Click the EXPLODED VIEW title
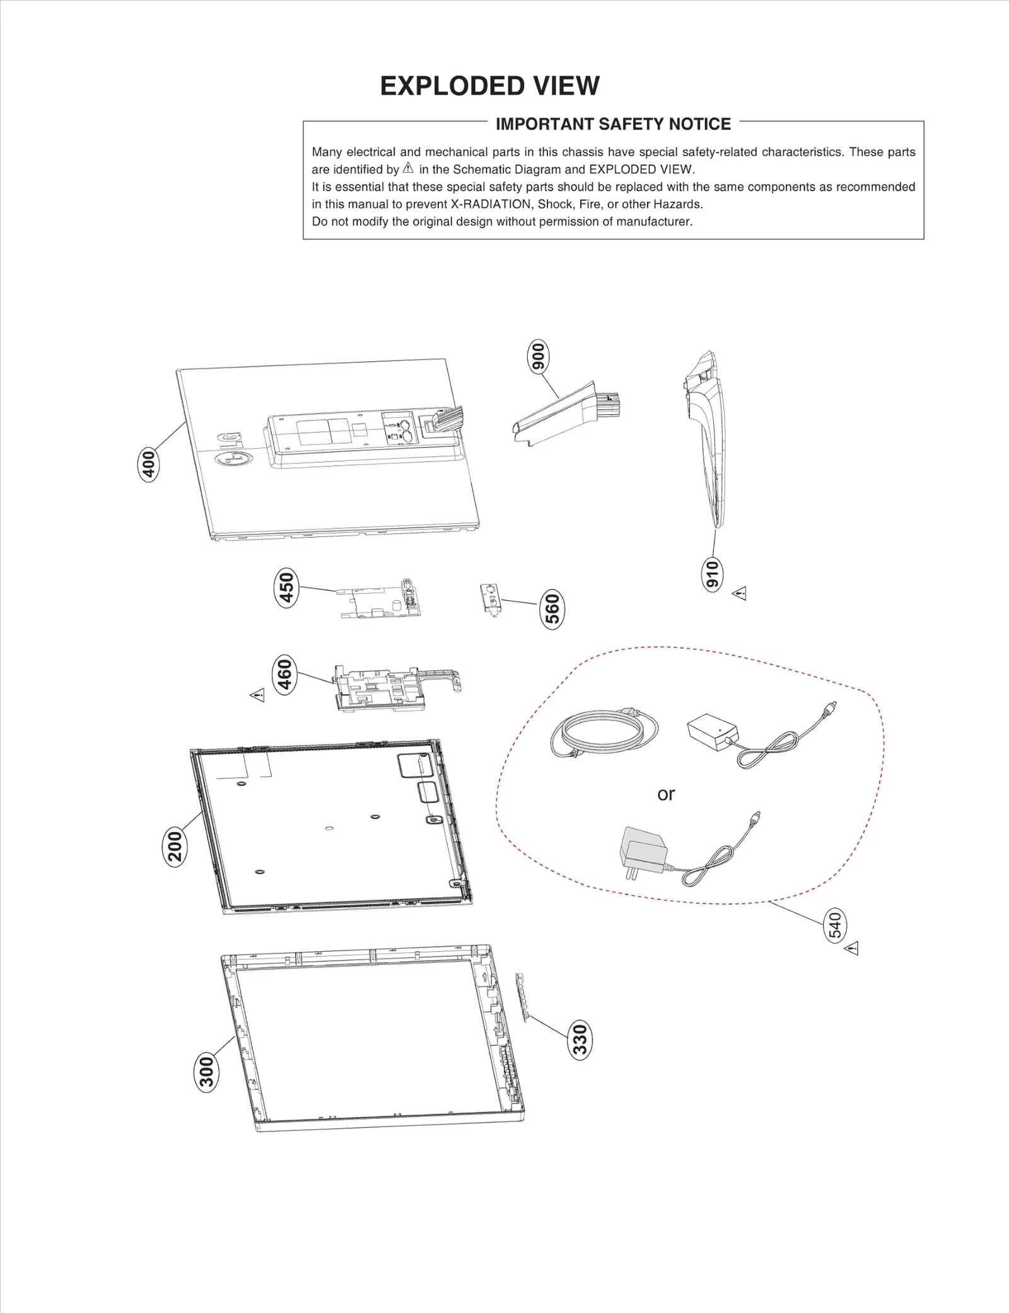click(489, 86)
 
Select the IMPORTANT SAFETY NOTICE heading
click(613, 124)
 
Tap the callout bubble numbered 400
click(149, 465)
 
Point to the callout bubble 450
click(287, 587)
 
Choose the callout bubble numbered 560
click(552, 610)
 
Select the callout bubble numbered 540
click(836, 925)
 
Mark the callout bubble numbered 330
click(580, 1039)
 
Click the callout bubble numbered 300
click(206, 1072)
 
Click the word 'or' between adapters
click(666, 794)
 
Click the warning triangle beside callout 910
click(740, 594)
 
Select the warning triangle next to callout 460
click(257, 695)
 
